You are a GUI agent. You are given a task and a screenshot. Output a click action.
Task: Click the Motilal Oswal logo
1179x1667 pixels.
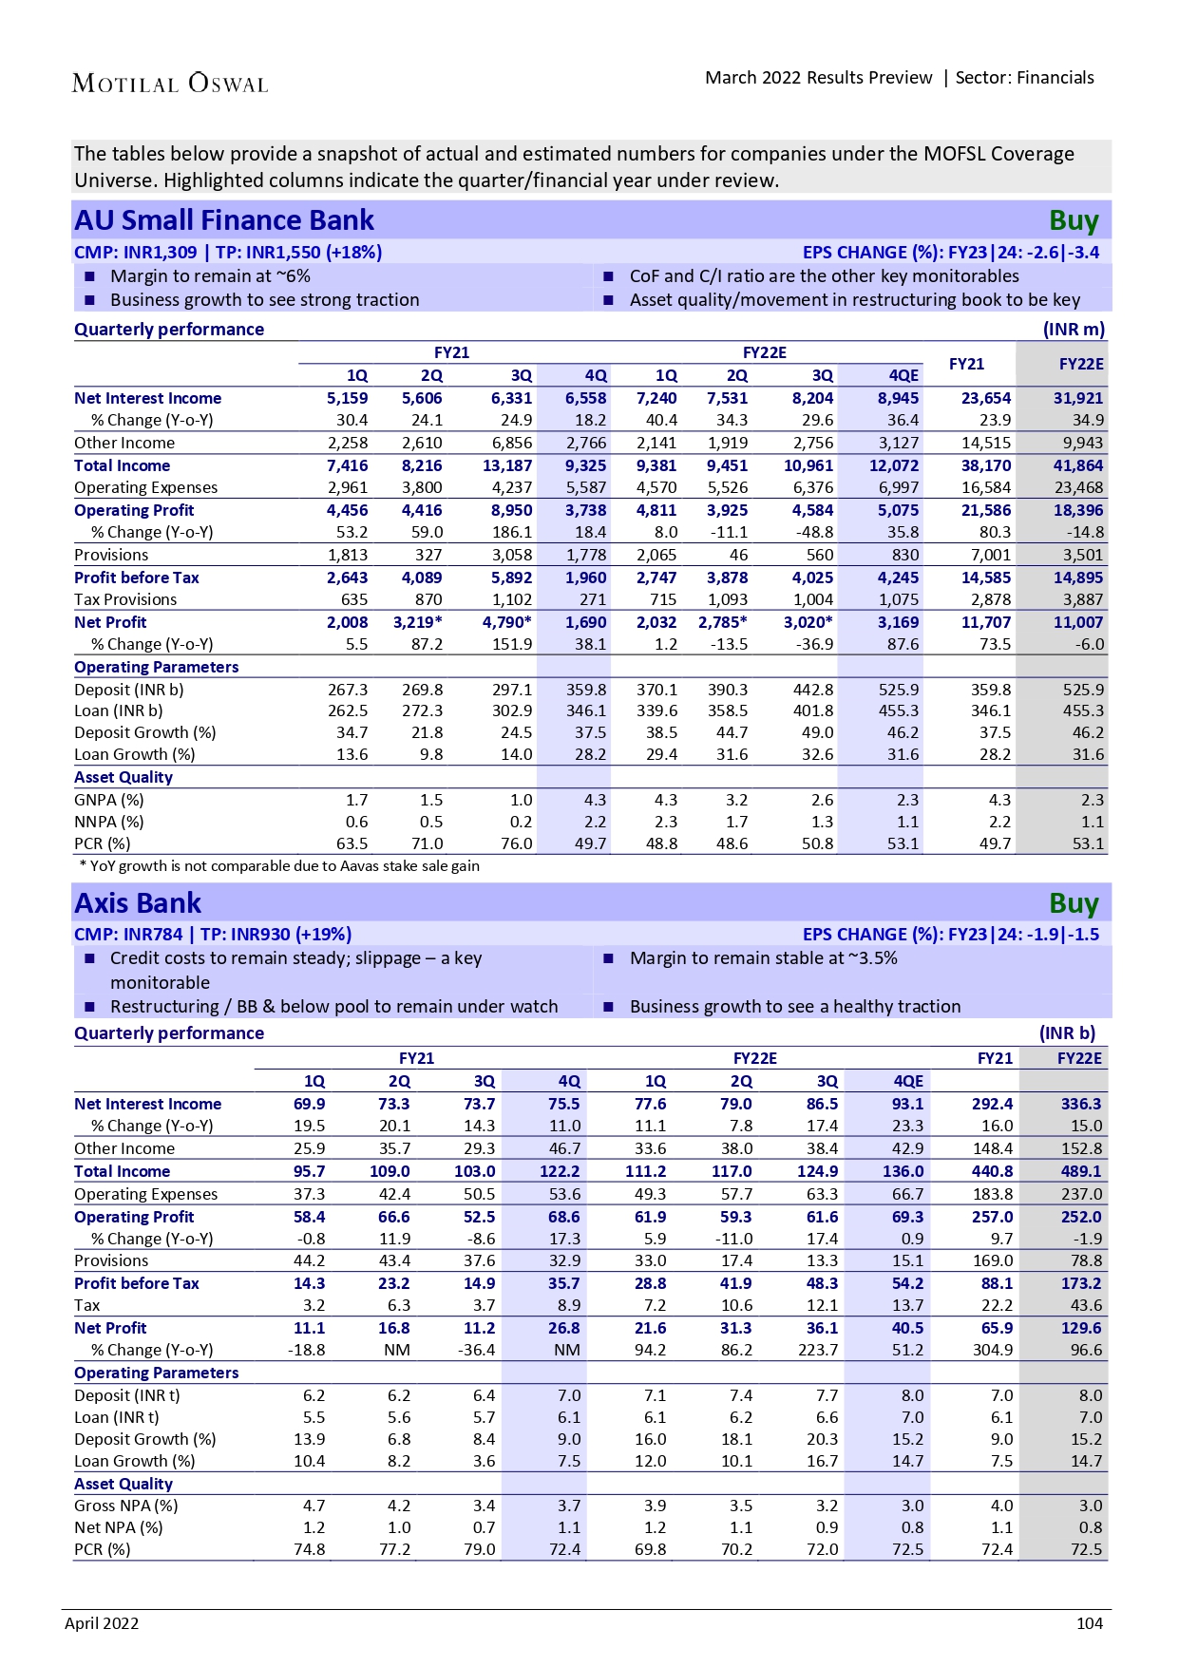coord(170,84)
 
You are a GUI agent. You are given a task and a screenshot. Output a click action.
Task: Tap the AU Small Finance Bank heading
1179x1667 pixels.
coord(224,220)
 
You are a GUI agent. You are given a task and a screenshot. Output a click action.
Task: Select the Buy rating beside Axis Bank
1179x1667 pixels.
coord(1074,903)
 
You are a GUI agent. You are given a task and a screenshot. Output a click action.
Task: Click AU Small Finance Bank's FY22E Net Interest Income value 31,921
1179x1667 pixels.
coord(1077,398)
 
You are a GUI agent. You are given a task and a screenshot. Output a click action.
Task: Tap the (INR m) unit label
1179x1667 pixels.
coord(1074,330)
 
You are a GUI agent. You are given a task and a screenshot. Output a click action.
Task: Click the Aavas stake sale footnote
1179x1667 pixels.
coord(279,865)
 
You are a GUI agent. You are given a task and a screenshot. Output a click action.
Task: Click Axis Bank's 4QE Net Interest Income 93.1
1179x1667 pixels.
coord(906,1104)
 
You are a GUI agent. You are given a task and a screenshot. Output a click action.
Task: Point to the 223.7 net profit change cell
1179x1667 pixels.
coord(817,1350)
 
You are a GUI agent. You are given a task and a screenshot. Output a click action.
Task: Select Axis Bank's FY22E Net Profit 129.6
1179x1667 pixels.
coord(1081,1328)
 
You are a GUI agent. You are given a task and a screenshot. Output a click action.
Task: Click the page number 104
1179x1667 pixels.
coord(1089,1623)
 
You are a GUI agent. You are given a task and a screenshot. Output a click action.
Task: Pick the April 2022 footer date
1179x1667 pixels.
coord(102,1623)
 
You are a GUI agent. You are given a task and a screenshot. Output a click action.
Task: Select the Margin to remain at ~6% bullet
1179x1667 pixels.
coord(210,276)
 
